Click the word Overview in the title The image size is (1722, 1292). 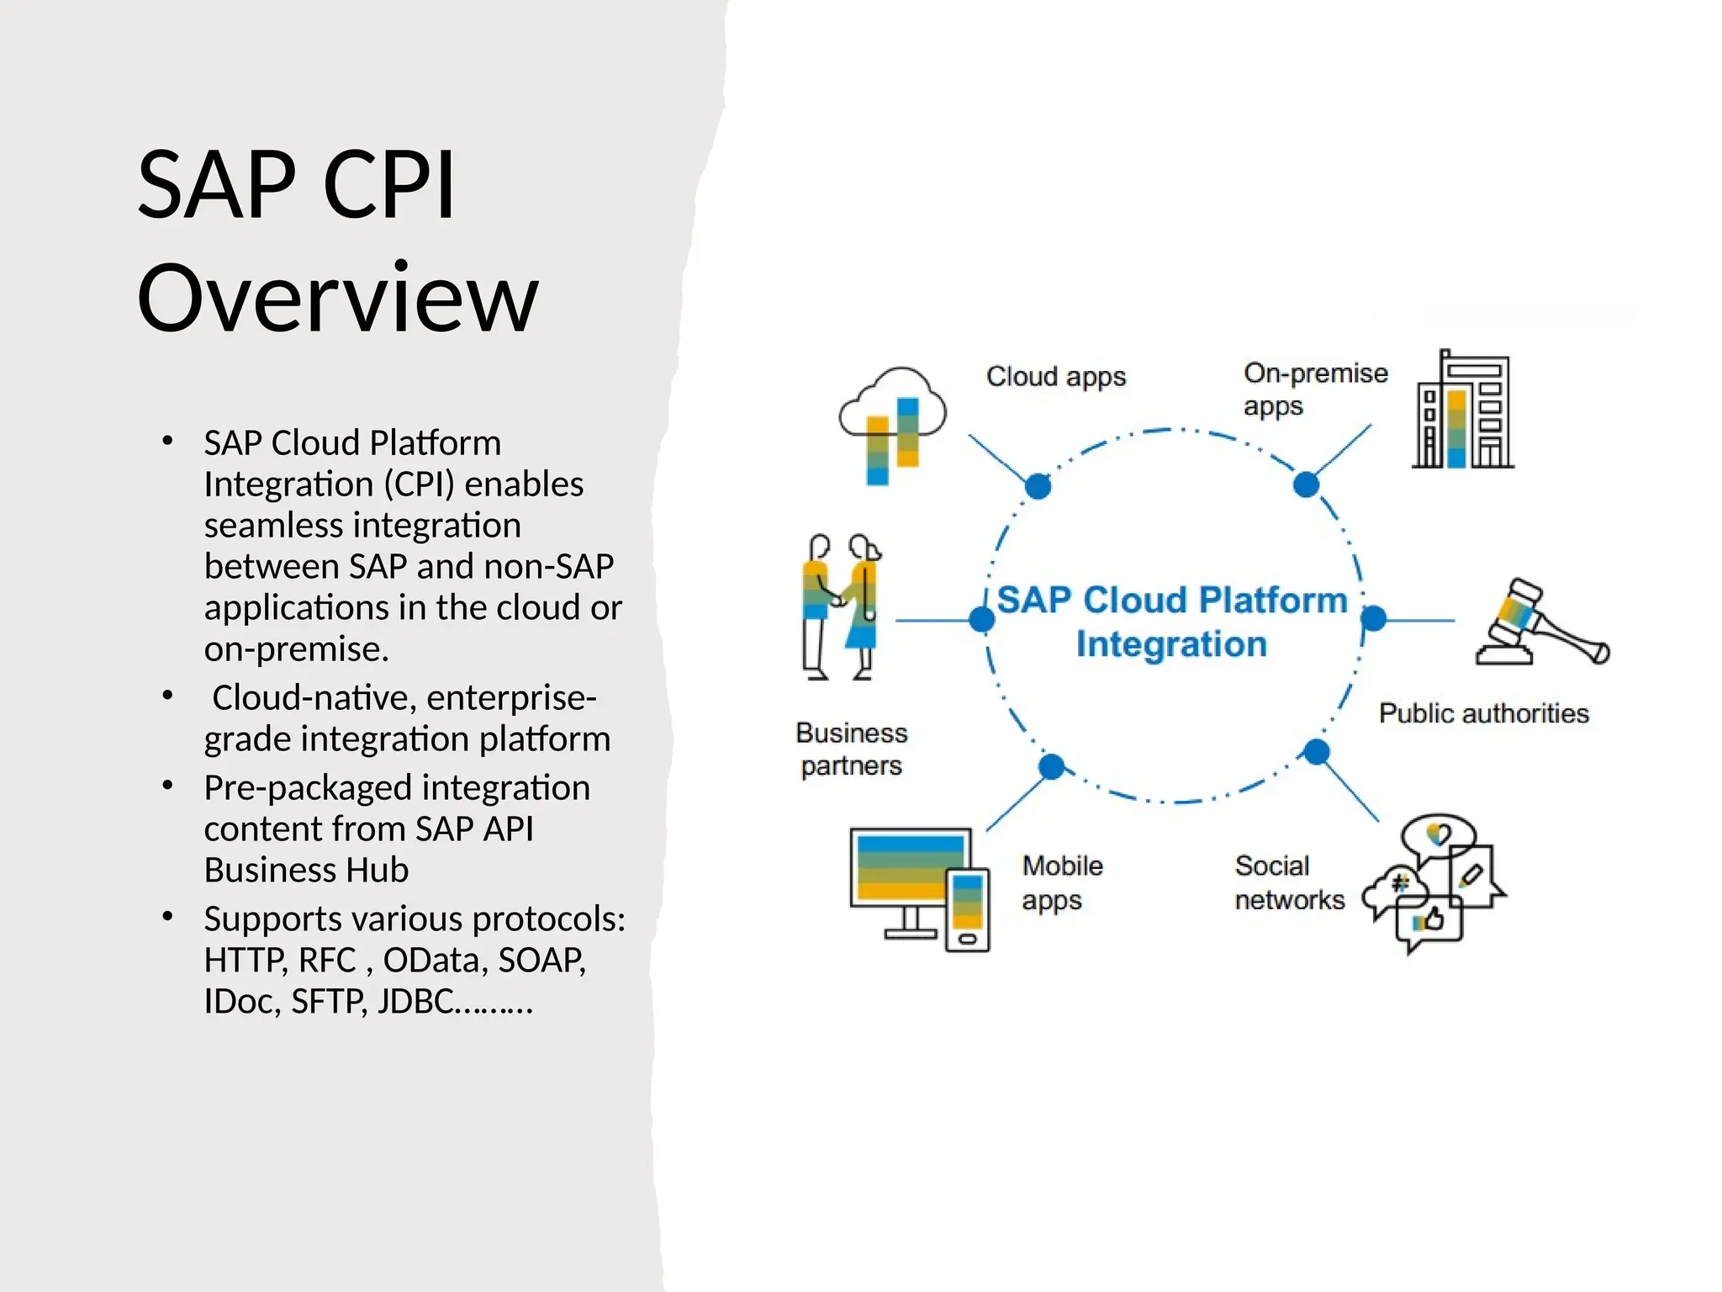click(337, 299)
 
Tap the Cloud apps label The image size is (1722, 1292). click(1055, 376)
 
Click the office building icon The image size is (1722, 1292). click(1462, 410)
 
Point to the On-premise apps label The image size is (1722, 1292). click(1314, 389)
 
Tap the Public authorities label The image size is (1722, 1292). click(1483, 713)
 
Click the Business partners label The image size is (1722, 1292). click(851, 749)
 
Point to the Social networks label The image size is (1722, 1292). click(1288, 882)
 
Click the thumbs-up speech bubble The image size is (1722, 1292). click(1428, 921)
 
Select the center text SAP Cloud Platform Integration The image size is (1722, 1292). click(1172, 622)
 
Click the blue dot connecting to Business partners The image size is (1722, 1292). click(981, 620)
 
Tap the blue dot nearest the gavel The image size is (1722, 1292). click(1373, 619)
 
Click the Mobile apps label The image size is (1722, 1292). click(1061, 882)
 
